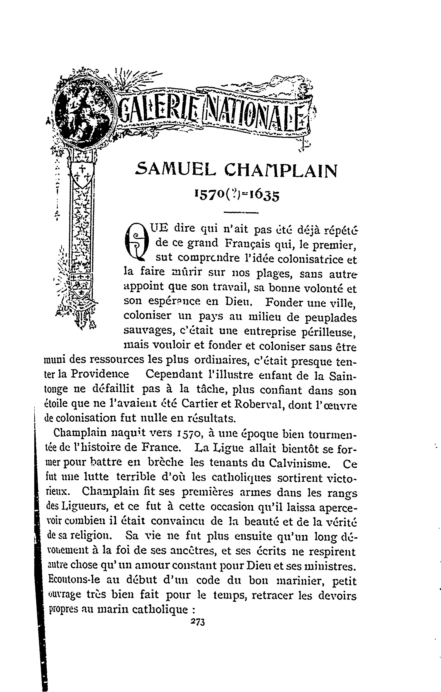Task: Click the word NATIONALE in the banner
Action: (253, 116)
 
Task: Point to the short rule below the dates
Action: (241, 213)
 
